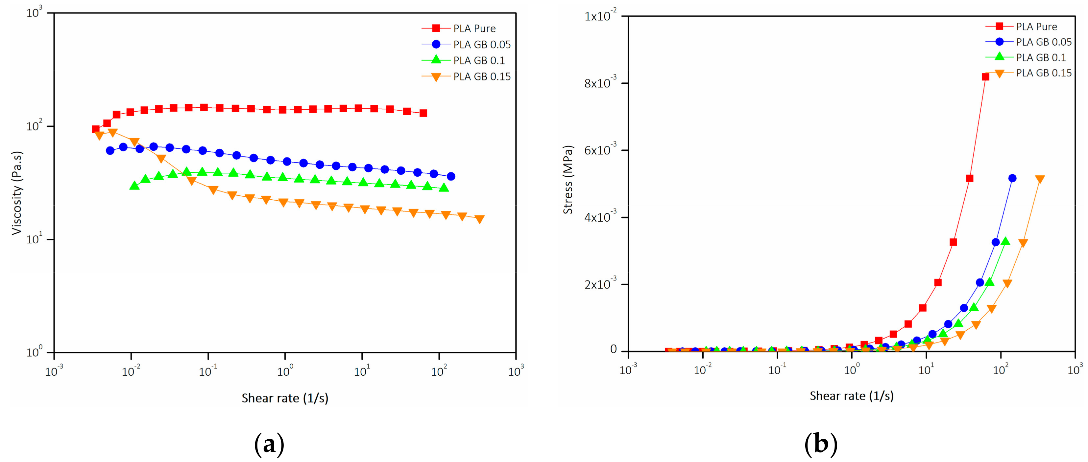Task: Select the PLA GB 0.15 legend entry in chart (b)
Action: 1043,73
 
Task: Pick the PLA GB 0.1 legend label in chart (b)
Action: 1041,57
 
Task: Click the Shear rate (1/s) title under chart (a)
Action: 285,398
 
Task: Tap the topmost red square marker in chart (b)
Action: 985,77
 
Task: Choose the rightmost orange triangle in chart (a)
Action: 479,219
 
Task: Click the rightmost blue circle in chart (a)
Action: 451,176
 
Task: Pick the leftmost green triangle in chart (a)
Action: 134,186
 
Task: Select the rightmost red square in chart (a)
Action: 423,113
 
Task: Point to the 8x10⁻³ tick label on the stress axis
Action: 600,82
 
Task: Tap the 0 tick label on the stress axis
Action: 613,349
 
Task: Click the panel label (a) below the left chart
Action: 269,444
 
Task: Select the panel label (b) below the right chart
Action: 821,444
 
